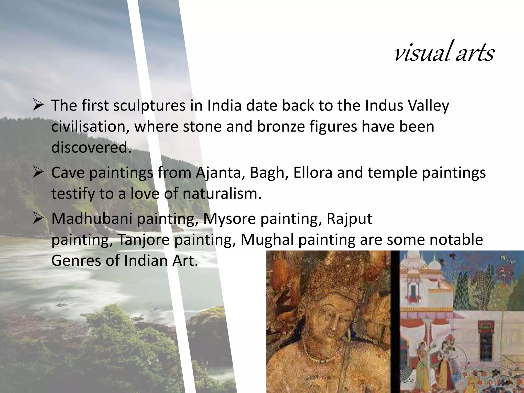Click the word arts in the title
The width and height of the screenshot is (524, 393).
click(x=475, y=54)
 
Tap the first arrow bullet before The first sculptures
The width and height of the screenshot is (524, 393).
click(x=38, y=105)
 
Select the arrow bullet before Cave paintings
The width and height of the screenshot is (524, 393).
click(x=38, y=172)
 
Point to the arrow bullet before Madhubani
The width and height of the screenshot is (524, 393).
click(x=38, y=219)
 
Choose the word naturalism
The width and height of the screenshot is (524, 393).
click(x=222, y=193)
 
